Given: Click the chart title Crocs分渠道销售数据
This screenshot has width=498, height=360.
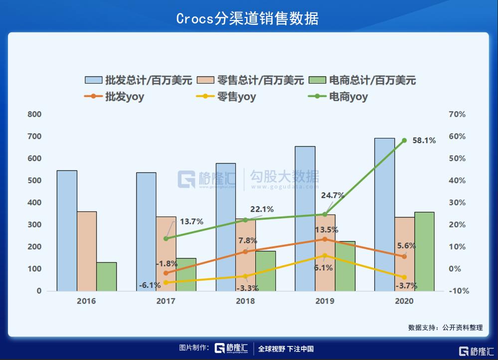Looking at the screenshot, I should pos(248,18).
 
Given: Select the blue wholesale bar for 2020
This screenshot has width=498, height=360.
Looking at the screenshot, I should pos(384,214).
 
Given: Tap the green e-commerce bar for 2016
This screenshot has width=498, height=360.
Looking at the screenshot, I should pos(106,276).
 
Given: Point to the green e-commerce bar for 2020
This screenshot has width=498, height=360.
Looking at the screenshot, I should pos(424,251).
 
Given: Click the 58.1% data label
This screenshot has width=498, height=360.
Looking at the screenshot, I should pos(424,141).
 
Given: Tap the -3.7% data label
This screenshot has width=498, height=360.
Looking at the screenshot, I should pos(406,286).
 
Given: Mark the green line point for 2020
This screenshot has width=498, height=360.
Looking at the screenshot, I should pos(404,141).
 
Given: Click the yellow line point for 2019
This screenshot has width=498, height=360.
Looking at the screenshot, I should pos(325,255).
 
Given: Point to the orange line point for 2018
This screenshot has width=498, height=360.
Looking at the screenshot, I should pos(245,251).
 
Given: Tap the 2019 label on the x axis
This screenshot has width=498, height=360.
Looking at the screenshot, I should pos(325,301).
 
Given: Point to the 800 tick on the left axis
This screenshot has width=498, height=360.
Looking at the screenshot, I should pos(34,114).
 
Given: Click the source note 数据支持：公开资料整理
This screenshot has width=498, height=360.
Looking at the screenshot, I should pos(445,328).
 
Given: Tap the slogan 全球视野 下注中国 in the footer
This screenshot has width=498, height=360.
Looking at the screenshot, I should pos(286,349).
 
